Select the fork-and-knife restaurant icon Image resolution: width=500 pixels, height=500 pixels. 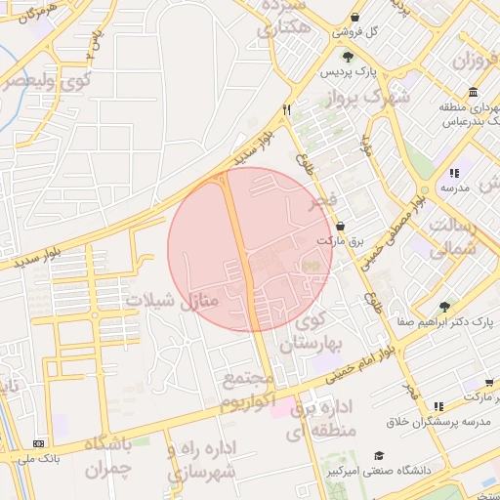click(x=287, y=110)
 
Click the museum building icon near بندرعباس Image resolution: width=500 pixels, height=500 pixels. click(x=473, y=93)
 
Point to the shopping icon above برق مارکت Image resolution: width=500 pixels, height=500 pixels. click(x=339, y=226)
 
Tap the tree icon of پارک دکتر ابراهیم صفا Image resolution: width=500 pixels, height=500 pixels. click(x=445, y=307)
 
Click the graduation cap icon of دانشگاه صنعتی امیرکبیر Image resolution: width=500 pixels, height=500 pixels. click(x=378, y=456)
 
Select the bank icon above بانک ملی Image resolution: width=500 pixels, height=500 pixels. click(x=38, y=443)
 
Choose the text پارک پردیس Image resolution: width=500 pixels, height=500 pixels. click(x=352, y=72)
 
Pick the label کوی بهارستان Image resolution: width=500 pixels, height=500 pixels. click(x=313, y=332)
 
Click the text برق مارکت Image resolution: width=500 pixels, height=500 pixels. click(x=338, y=240)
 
